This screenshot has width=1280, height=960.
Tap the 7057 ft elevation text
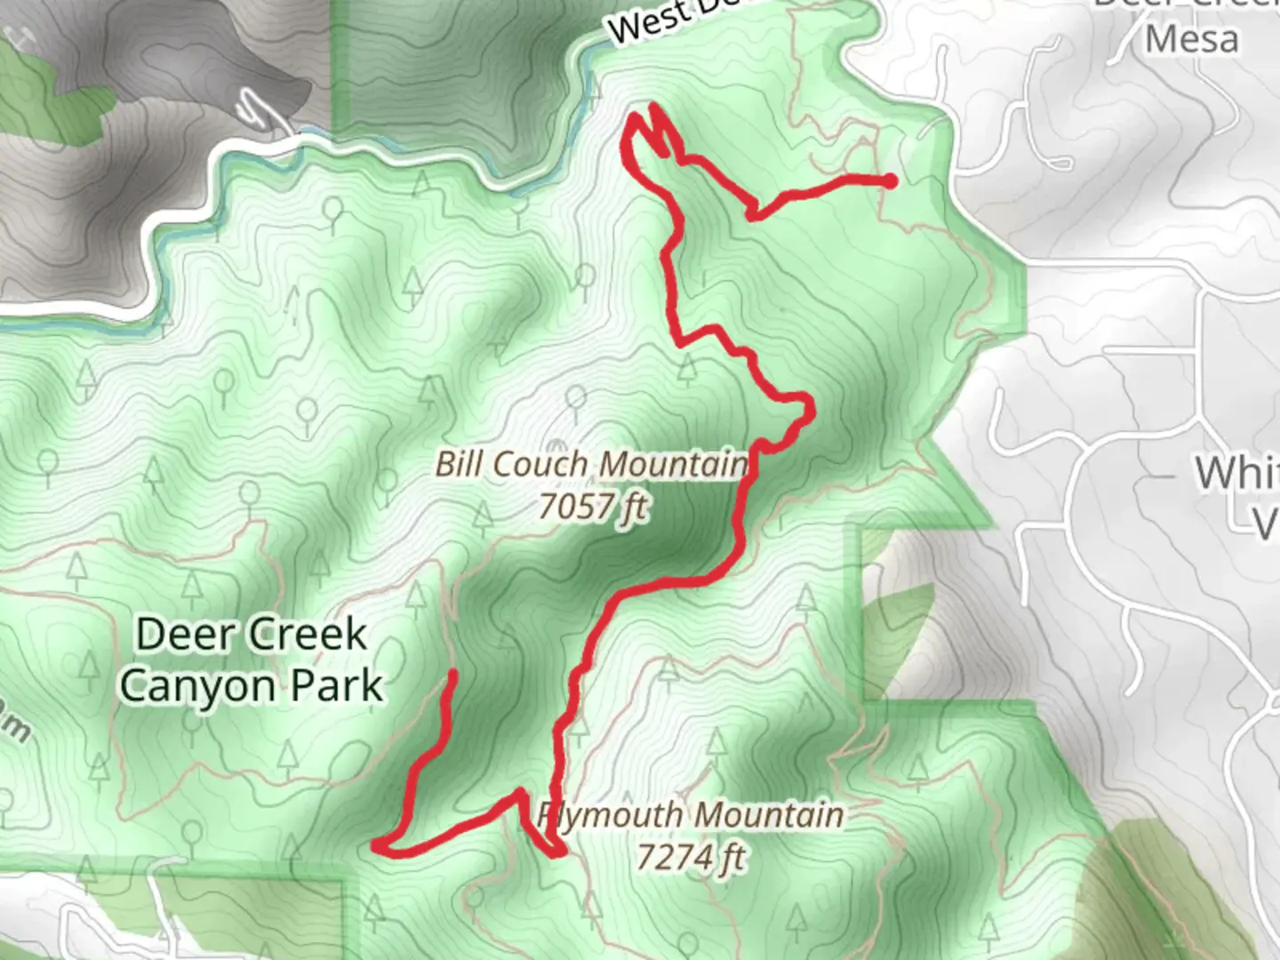tap(593, 507)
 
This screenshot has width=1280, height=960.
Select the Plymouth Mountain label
tap(691, 814)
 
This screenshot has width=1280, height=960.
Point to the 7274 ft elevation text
tap(691, 857)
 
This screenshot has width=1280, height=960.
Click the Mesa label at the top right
tap(1191, 39)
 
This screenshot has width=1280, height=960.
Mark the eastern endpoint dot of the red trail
tap(890, 181)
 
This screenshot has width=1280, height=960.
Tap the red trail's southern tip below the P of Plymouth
tap(558, 853)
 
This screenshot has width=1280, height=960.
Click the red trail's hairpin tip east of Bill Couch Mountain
tap(809, 407)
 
